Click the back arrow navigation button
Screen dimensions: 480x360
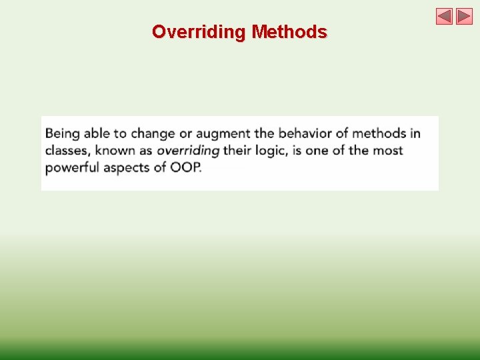point(444,16)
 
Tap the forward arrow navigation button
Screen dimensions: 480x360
point(464,16)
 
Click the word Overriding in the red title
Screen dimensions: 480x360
point(199,33)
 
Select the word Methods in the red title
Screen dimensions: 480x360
point(289,32)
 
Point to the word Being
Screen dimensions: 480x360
point(63,134)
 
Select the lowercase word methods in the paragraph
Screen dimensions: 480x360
point(379,133)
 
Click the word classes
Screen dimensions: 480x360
point(68,151)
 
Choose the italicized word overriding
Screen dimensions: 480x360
point(188,151)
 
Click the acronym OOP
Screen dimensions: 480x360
point(185,168)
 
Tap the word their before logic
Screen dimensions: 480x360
point(237,151)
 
